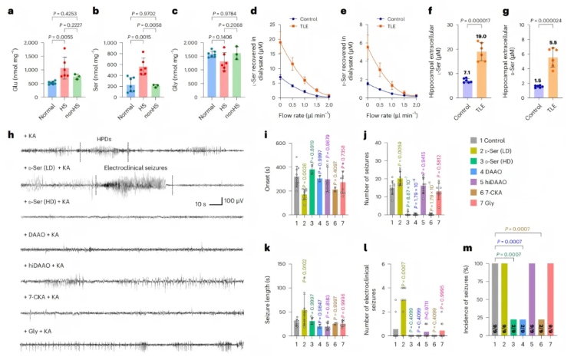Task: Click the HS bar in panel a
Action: pos(48,84)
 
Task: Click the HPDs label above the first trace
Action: pos(103,140)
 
